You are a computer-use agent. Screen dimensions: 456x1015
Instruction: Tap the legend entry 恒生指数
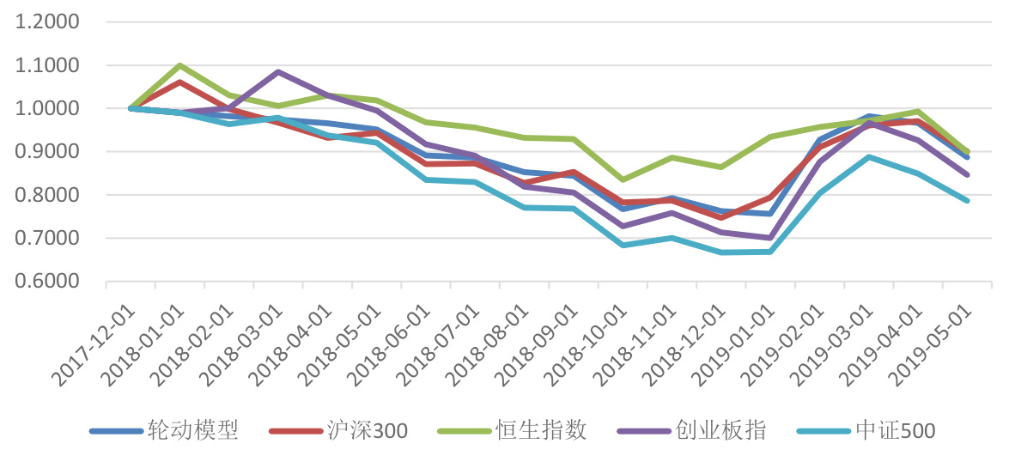pos(541,430)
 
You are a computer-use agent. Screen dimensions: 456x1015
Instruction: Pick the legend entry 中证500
pos(894,430)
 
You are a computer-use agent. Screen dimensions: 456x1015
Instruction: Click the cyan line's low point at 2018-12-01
pos(721,252)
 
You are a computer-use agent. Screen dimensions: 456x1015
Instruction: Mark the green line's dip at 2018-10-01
pos(623,179)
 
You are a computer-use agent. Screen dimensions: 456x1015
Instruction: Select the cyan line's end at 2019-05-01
pos(968,201)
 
